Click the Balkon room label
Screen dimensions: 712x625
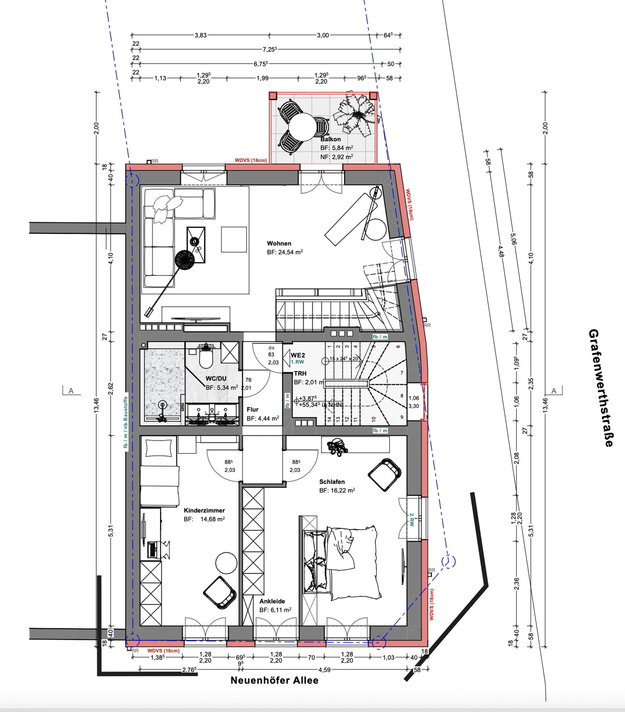point(331,139)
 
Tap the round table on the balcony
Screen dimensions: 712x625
point(302,126)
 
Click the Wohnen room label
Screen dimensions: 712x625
point(279,243)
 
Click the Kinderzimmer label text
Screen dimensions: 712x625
point(204,510)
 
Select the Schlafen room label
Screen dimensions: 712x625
point(332,482)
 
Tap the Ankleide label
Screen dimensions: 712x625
point(272,601)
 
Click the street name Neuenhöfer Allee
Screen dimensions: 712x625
point(274,680)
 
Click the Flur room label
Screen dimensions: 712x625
point(252,409)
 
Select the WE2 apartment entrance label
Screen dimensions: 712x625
point(298,355)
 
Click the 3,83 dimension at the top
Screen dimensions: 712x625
point(200,35)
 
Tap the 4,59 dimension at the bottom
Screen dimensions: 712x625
point(324,670)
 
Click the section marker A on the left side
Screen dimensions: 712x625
point(71,391)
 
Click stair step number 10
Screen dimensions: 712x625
point(373,419)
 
